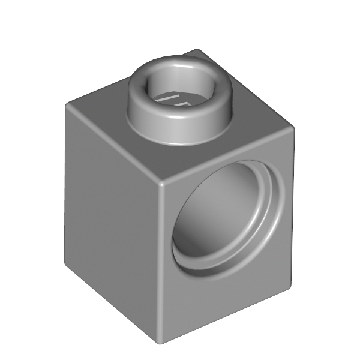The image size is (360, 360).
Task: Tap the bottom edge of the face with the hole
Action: coord(228,312)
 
